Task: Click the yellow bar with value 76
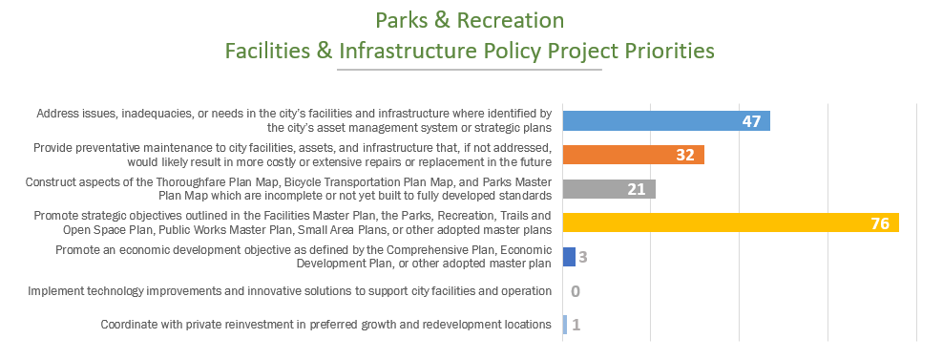click(730, 223)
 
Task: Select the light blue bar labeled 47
click(665, 120)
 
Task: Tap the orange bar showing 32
click(633, 155)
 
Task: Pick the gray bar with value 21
click(609, 189)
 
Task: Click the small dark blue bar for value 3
click(569, 257)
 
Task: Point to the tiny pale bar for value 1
click(565, 325)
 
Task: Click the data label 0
click(576, 291)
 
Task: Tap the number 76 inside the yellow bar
click(879, 223)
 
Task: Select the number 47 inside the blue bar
click(751, 121)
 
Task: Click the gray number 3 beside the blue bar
click(582, 258)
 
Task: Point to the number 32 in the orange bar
click(684, 155)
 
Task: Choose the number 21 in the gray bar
click(637, 189)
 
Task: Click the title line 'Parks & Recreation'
click(470, 20)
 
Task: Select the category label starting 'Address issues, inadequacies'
click(294, 120)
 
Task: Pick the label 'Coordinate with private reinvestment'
click(326, 325)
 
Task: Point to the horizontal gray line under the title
click(470, 70)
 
